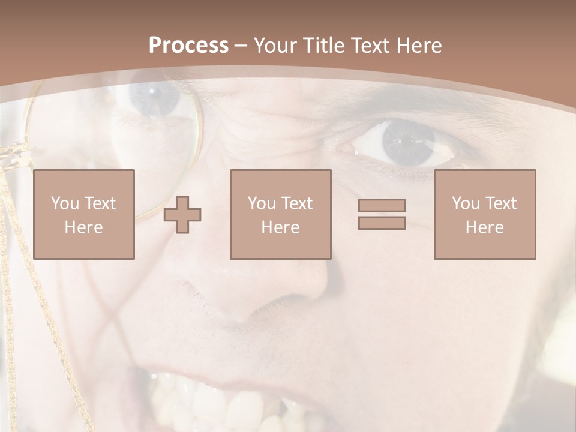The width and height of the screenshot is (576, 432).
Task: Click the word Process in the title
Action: click(188, 46)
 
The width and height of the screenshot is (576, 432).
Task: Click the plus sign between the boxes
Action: click(182, 215)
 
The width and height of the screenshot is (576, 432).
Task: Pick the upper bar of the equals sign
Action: click(382, 205)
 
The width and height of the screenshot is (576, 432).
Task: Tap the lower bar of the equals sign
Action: click(382, 223)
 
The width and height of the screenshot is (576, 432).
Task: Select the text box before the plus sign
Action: click(83, 214)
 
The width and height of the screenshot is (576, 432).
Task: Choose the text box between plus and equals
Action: click(280, 214)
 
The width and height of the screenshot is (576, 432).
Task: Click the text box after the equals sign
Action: click(484, 214)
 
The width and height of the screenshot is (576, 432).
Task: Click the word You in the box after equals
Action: click(466, 203)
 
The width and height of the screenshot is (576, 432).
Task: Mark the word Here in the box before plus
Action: click(83, 227)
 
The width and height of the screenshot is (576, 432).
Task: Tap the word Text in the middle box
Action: click(298, 203)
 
